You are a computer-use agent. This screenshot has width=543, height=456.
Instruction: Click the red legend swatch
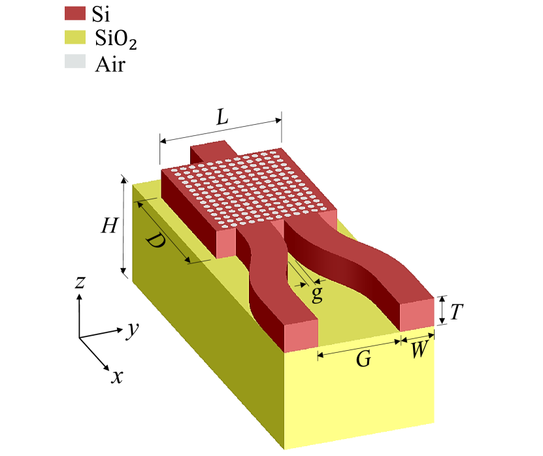coord(75,14)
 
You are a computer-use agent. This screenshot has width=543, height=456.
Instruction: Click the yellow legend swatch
coord(75,37)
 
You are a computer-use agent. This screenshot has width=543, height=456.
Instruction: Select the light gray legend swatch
coord(75,61)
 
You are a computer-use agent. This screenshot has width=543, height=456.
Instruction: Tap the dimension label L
coord(222,118)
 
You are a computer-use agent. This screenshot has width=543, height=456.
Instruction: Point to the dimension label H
coord(109,226)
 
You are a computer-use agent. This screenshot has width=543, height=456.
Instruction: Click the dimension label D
coord(154,242)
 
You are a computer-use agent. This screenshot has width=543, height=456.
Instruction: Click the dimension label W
coord(418,351)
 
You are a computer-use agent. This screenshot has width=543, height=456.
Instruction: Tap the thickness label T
coord(456,312)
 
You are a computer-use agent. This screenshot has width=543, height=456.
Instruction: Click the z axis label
coord(80,282)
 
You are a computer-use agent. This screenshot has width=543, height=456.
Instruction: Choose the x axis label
coord(118,376)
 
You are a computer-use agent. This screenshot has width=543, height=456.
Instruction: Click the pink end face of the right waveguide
coord(417,315)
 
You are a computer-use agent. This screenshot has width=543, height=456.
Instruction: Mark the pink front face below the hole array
coord(225,244)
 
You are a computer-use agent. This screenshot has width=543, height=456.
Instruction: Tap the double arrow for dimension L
coord(220,130)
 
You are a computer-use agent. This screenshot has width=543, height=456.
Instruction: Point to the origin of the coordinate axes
coord(80,338)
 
